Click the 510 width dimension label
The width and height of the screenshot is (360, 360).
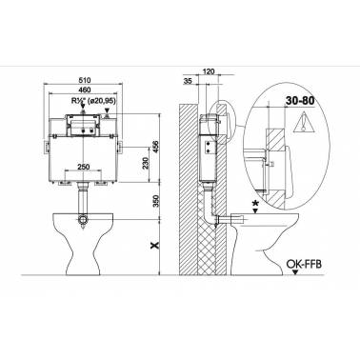[x=84, y=80]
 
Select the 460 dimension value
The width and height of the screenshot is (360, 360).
[x=84, y=90]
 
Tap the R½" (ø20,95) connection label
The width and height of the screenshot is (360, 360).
[x=93, y=101]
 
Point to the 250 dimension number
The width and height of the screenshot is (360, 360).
[x=83, y=167]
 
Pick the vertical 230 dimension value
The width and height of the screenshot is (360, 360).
[x=147, y=164]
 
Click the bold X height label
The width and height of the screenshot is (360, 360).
[x=155, y=245]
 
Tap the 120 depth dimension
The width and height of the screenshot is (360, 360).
[x=209, y=71]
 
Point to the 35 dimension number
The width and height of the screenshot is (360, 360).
[x=188, y=81]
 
